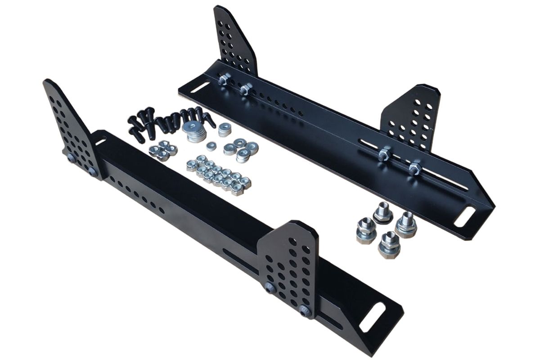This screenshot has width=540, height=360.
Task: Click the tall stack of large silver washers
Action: pyautogui.click(x=195, y=131)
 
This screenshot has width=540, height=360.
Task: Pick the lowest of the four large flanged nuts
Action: pyautogui.click(x=387, y=245)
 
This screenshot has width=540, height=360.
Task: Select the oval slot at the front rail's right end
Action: pyautogui.click(x=372, y=317)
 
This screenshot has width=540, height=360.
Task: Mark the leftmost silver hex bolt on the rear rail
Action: pyautogui.click(x=224, y=80)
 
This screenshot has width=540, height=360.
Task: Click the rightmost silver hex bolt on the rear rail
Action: pyautogui.click(x=414, y=169)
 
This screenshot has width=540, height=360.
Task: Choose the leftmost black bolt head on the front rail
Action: pyautogui.click(x=72, y=158)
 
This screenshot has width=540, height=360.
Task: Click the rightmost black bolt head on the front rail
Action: pyautogui.click(x=305, y=310)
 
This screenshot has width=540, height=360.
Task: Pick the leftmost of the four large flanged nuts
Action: pyautogui.click(x=365, y=229)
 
